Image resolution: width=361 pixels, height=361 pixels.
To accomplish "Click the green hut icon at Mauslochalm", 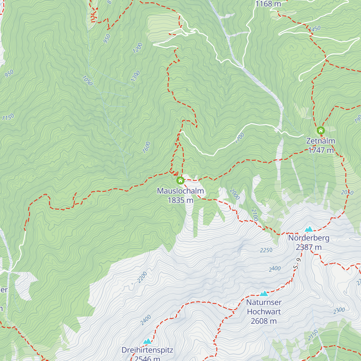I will [x=180, y=180].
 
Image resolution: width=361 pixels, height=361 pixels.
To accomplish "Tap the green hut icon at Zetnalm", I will [x=321, y=131].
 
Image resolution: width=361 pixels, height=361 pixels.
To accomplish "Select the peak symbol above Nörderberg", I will [x=309, y=229].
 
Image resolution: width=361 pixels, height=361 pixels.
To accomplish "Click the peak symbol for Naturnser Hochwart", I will [x=264, y=294].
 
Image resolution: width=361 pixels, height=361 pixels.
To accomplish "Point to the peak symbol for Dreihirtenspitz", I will [x=147, y=341].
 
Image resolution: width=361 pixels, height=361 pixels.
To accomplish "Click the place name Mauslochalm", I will [x=180, y=191].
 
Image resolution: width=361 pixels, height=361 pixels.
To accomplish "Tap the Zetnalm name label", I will [x=321, y=141].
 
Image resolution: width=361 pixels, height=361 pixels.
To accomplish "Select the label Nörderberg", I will [x=309, y=238].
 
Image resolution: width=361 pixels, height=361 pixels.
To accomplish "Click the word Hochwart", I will [x=264, y=312].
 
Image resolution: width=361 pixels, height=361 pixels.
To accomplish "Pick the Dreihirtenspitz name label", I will [x=147, y=350].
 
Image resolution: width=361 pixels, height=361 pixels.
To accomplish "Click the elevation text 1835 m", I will [x=180, y=200].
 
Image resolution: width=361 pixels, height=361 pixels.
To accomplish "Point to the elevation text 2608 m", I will [x=264, y=321].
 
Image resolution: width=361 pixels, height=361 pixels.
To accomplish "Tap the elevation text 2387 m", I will [x=309, y=247].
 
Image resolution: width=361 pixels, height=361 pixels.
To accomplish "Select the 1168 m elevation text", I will [x=268, y=4].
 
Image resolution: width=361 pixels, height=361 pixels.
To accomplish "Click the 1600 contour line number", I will [x=146, y=147].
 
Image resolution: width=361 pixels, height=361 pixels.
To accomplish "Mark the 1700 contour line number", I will [x=240, y=138].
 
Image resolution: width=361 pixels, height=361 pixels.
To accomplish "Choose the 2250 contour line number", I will [x=266, y=250].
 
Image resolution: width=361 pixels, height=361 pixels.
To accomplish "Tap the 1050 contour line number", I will [x=87, y=81].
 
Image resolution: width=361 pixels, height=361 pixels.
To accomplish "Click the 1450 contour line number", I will [x=315, y=29].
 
